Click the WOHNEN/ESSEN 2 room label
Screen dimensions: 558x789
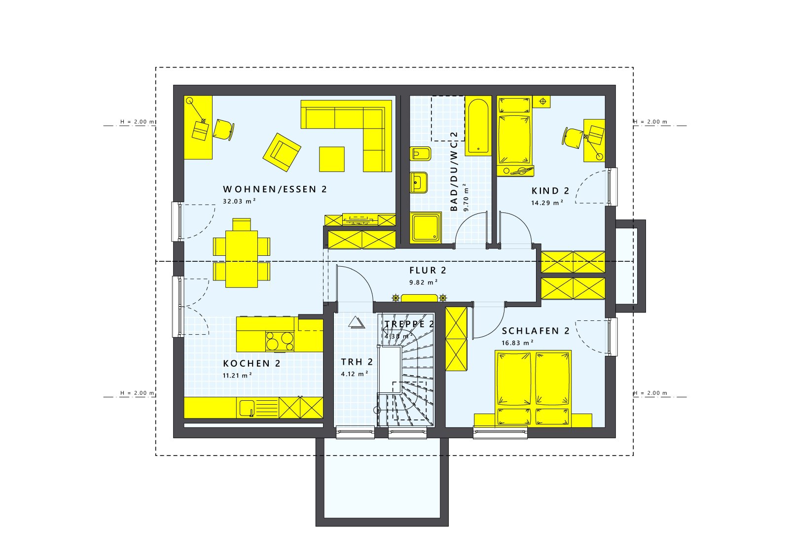coord(275,189)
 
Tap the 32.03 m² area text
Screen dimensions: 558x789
coord(239,202)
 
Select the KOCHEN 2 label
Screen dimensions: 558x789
coord(251,364)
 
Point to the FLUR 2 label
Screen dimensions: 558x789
coord(428,271)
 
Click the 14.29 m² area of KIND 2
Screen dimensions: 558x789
coord(547,203)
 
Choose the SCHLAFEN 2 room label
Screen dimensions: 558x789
coord(536,331)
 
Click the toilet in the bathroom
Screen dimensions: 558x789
coord(420,154)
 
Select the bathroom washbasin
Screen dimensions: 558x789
coord(419,183)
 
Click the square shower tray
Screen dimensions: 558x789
coord(426,227)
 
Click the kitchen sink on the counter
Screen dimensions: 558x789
coord(247,408)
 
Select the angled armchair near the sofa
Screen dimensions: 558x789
coord(282,152)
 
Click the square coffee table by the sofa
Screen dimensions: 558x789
coord(331,159)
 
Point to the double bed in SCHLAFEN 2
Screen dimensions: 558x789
coord(533,388)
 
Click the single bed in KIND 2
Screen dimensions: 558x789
coord(515,133)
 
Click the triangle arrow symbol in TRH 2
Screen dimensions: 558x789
coord(356,323)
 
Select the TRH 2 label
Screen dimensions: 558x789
coord(357,362)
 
